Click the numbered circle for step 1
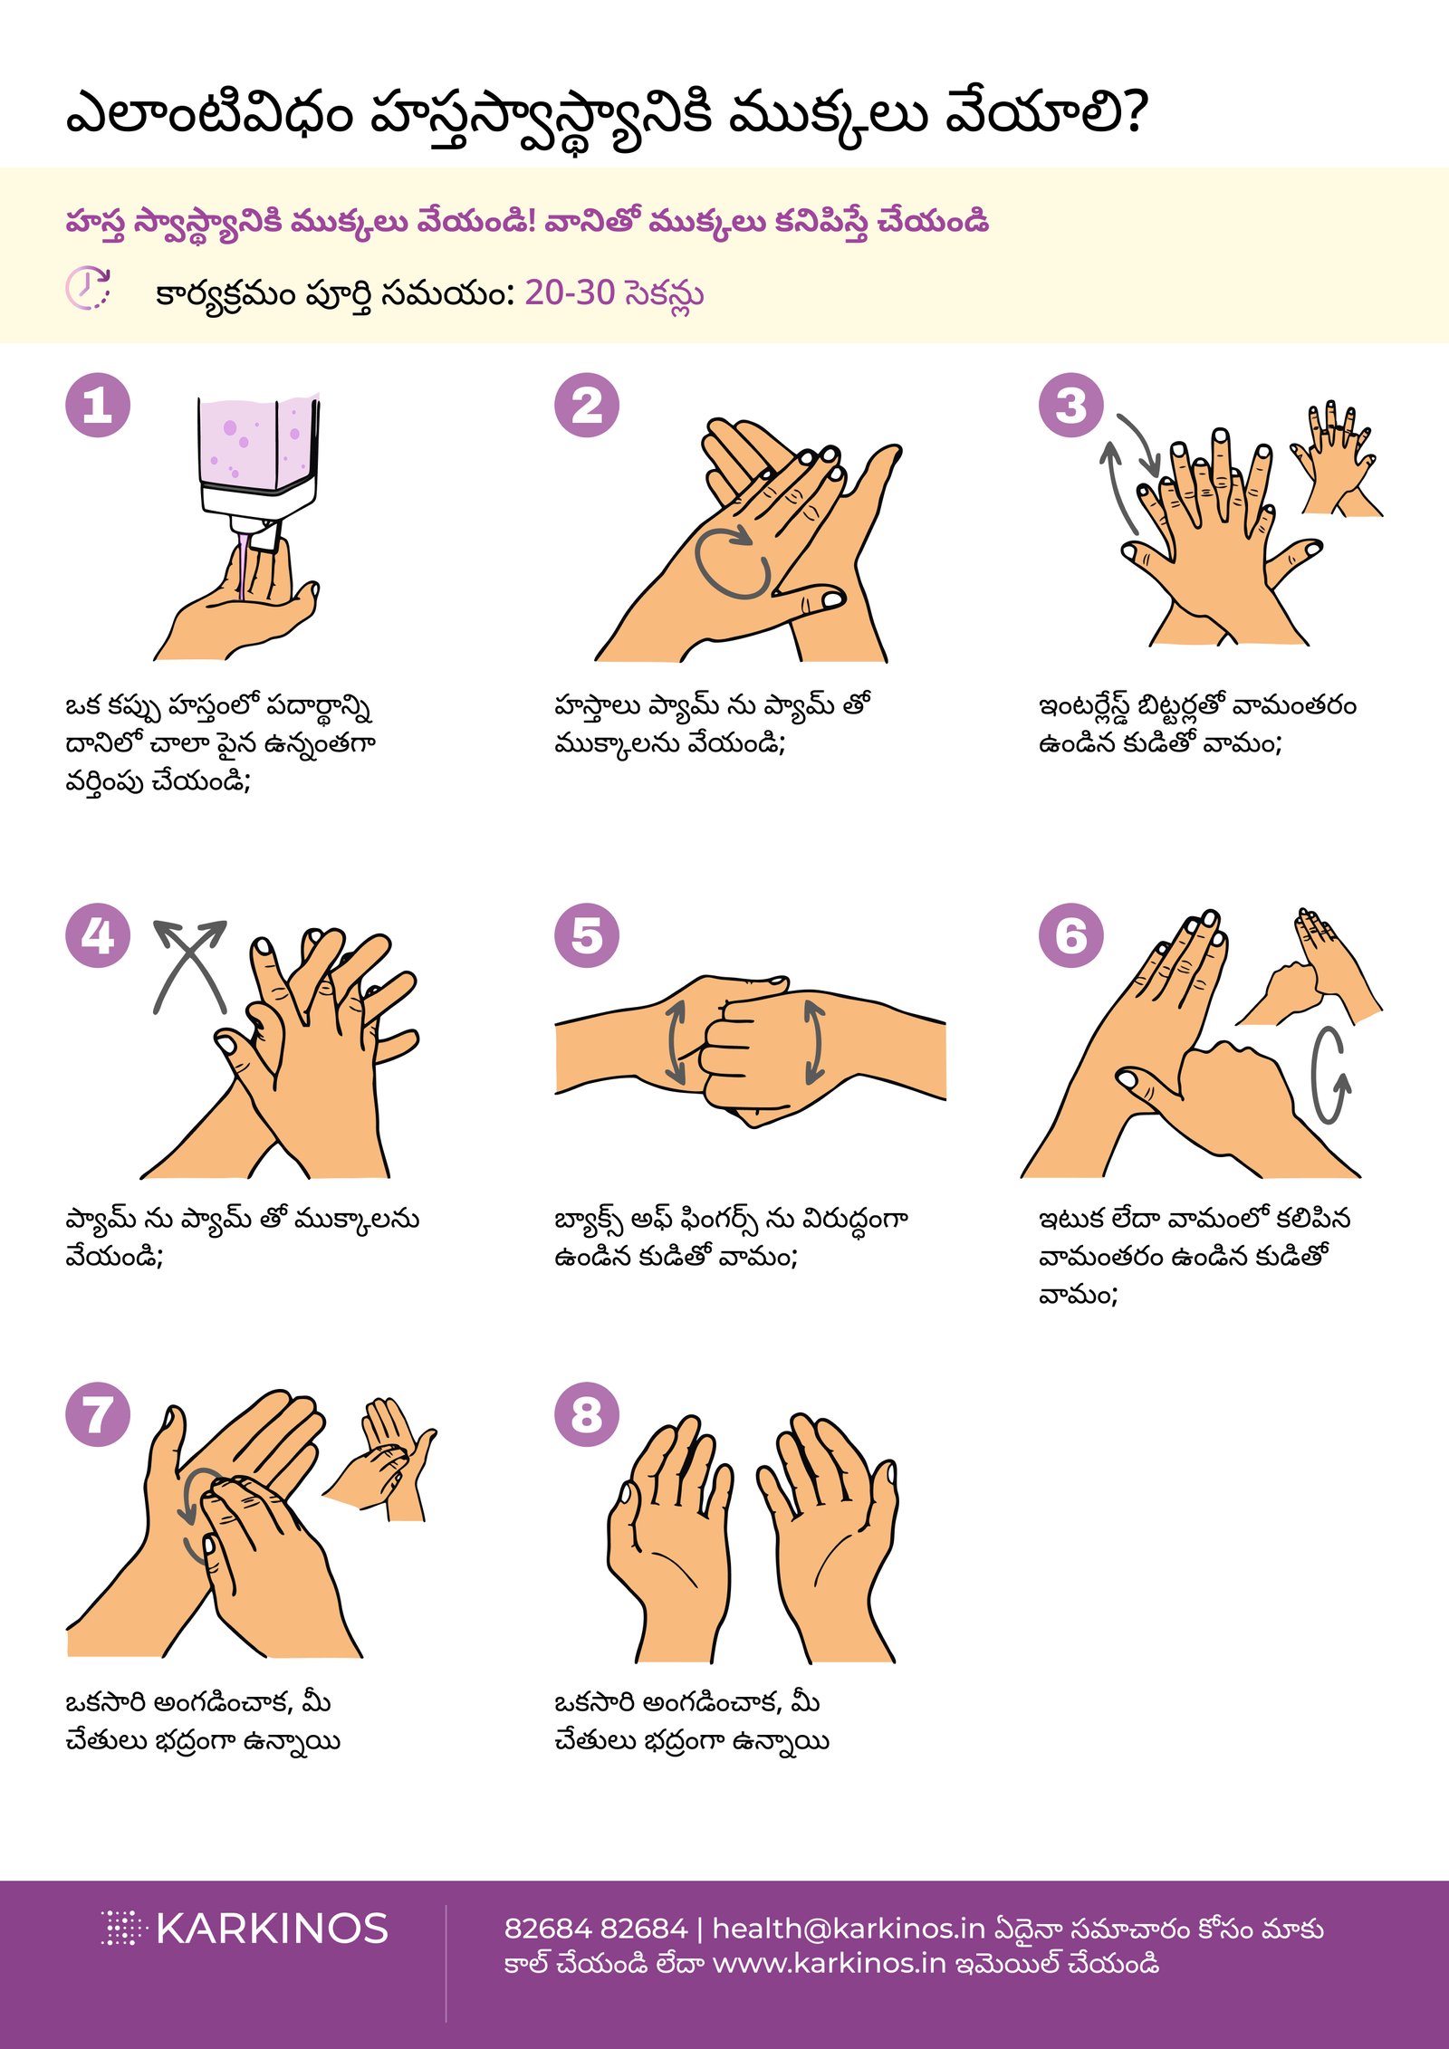pos(98,405)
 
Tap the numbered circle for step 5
pos(586,935)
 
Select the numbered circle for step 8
pos(586,1414)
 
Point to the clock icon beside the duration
pos(88,289)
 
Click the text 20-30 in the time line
pos(570,292)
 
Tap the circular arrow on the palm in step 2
pos(733,561)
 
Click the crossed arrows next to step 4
pos(190,966)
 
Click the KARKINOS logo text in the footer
pos(272,1929)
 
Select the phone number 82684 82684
pos(595,1929)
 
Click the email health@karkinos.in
pos(848,1929)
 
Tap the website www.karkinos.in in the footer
pos(829,1964)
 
